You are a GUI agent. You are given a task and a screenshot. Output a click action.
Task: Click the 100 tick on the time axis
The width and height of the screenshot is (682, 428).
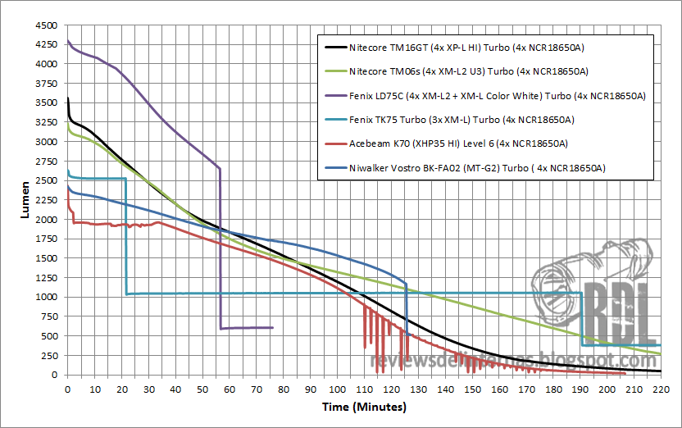coord(336,389)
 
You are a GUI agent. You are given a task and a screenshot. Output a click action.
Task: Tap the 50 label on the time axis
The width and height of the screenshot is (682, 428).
coord(202,389)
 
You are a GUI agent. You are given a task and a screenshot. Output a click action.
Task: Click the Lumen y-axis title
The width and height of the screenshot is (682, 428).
coord(25,199)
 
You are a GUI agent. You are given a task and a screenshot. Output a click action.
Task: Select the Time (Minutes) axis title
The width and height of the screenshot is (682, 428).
coord(363,407)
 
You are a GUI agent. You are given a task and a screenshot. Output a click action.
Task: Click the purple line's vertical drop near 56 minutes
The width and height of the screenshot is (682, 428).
coord(220,246)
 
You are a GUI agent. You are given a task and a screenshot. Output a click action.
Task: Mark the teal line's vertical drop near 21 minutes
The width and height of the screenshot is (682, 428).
coord(125,238)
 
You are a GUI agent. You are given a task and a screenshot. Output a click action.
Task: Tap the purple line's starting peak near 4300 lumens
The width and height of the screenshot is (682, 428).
coord(68,41)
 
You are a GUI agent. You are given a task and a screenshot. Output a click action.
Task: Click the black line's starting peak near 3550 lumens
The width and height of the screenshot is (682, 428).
coord(67,98)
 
